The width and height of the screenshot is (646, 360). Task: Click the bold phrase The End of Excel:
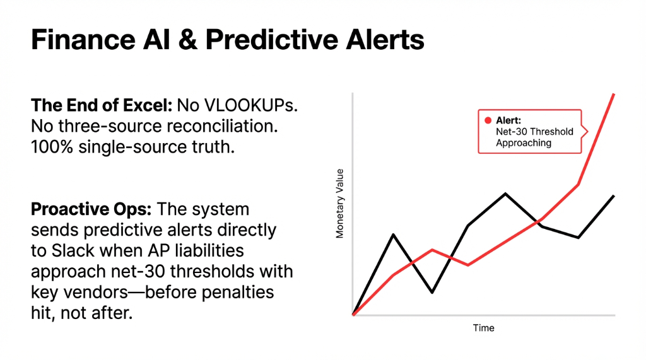pos(101,106)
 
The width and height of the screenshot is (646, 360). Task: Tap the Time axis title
pos(484,328)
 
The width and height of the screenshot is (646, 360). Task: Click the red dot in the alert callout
pos(487,120)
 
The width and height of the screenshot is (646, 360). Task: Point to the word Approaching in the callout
pos(523,143)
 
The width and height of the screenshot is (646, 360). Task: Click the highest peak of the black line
pos(505,194)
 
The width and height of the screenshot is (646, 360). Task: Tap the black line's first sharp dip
pos(432,293)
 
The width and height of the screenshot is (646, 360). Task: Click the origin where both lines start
pos(353,314)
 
